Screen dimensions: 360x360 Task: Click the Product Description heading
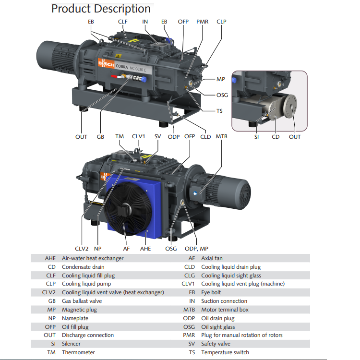tap(101, 9)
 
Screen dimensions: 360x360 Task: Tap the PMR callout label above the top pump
tap(203, 22)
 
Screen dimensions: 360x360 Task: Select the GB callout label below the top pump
tap(100, 137)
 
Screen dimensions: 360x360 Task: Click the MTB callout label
tap(221, 137)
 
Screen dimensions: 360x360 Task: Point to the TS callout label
tap(219, 111)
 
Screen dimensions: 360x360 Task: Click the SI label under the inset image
tap(257, 137)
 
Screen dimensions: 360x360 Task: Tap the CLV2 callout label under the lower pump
tap(82, 249)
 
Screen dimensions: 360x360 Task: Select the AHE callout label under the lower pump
tap(145, 249)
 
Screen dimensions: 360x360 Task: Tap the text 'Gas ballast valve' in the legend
tap(82, 301)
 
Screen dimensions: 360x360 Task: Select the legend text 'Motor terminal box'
tap(225, 310)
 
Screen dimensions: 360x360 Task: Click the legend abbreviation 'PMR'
tap(189, 335)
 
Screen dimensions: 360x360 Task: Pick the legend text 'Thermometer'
tap(78, 352)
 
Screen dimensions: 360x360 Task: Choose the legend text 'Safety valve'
tap(216, 344)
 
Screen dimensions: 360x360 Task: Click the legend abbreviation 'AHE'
tap(50, 258)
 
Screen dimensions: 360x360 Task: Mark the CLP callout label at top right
tap(221, 22)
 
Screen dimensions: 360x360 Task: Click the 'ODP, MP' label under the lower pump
tap(197, 249)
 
